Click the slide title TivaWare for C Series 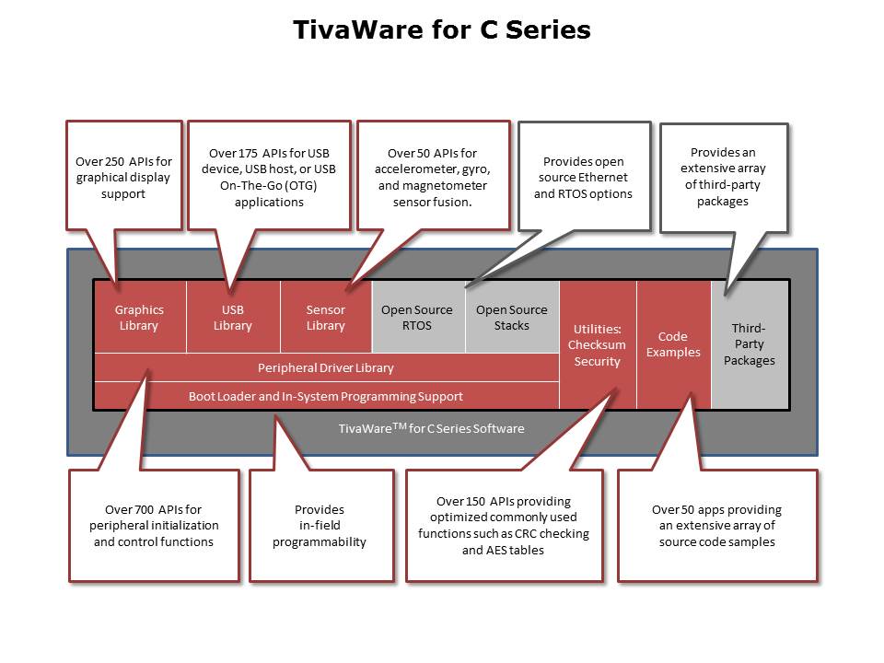click(x=441, y=29)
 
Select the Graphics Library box click(x=140, y=317)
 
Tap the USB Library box click(x=233, y=317)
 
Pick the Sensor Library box click(x=326, y=317)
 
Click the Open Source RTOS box click(x=418, y=317)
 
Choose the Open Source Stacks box click(x=513, y=317)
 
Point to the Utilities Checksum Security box click(x=598, y=344)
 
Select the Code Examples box click(x=674, y=344)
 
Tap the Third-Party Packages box click(x=750, y=344)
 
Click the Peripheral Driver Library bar click(x=326, y=367)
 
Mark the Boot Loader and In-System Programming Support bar click(x=326, y=396)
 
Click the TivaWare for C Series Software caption click(x=431, y=428)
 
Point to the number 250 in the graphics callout click(x=115, y=162)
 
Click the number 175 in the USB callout click(x=249, y=154)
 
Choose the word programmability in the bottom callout click(x=320, y=542)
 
